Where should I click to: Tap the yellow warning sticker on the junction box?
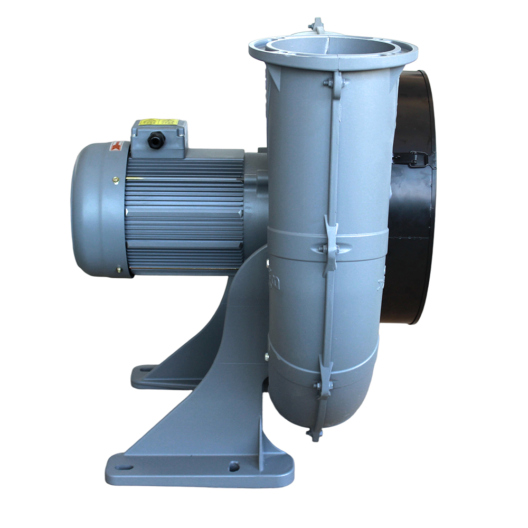coord(158,122)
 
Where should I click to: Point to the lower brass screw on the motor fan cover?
coord(118,271)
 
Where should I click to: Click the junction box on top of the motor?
coord(158,138)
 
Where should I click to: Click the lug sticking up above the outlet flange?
coord(317,24)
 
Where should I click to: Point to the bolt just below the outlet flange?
coord(328,83)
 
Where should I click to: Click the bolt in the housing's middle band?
coord(323,249)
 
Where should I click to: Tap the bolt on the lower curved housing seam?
coord(318,386)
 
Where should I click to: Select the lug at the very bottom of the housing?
coord(315,434)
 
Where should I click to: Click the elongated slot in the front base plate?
coord(124,467)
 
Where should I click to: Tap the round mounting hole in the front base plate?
coord(233,467)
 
